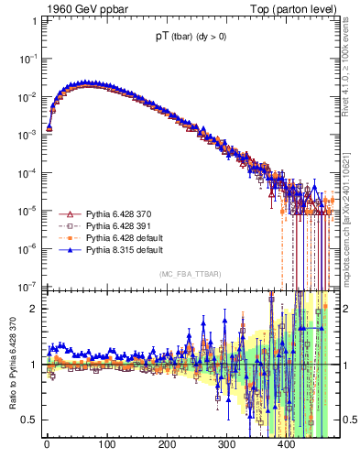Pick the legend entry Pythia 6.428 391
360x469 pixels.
click(x=109, y=225)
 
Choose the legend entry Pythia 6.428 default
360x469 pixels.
click(x=113, y=237)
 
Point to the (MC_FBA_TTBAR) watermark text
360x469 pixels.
click(x=190, y=274)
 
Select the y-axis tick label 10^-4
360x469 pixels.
click(x=28, y=172)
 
